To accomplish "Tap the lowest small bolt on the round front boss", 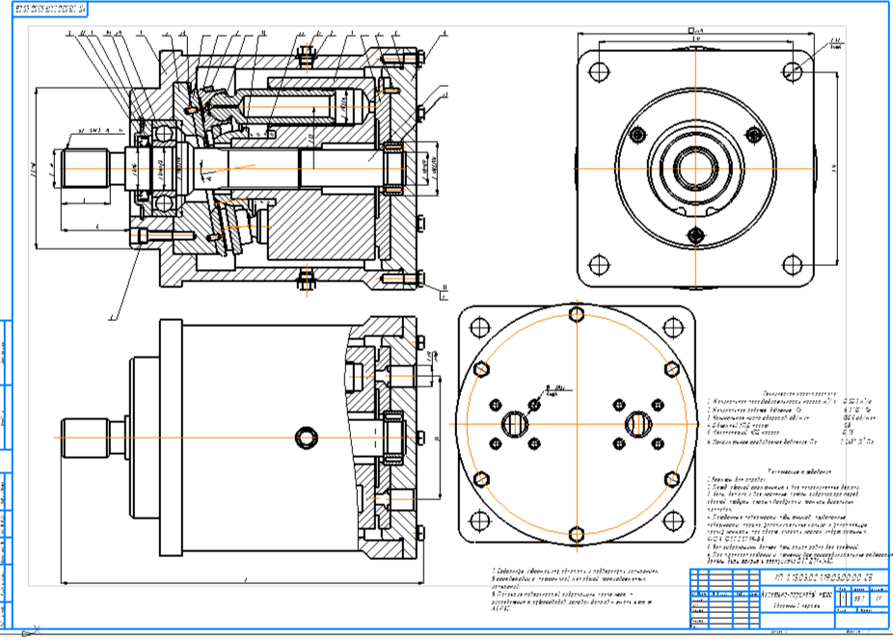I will (695, 234).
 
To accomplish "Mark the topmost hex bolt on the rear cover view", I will (576, 314).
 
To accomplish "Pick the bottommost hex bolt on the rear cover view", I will (576, 534).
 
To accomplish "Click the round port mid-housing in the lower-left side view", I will (308, 439).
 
